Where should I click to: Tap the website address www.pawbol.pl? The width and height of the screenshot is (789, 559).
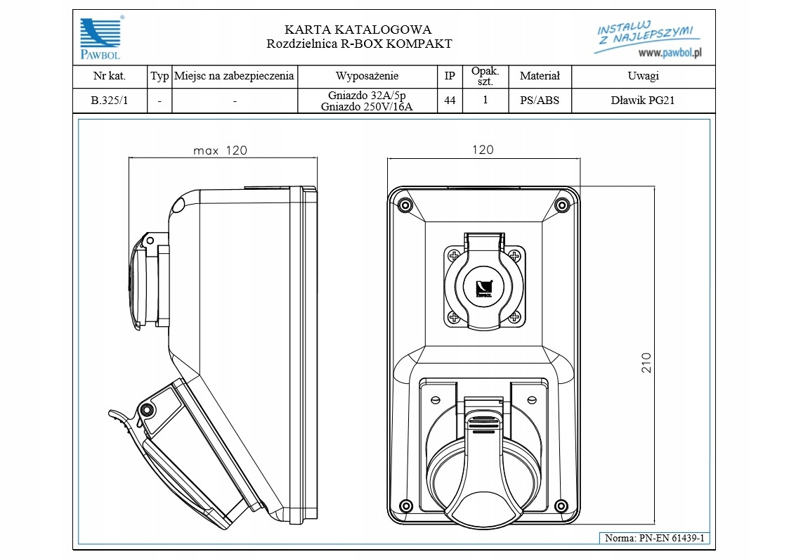pyautogui.click(x=672, y=53)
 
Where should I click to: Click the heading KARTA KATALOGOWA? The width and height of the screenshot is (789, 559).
pyautogui.click(x=358, y=30)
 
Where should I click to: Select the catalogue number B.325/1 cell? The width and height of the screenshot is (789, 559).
pyautogui.click(x=110, y=101)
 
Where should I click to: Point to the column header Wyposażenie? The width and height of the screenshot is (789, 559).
pyautogui.click(x=367, y=77)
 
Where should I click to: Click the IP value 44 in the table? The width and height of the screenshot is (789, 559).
pyautogui.click(x=450, y=101)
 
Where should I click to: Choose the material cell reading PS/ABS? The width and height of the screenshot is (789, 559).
pyautogui.click(x=540, y=101)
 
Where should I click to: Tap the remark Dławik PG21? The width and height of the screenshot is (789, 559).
pyautogui.click(x=643, y=101)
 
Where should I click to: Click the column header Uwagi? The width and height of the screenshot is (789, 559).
pyautogui.click(x=643, y=77)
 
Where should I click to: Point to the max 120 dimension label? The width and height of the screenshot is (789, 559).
pyautogui.click(x=221, y=150)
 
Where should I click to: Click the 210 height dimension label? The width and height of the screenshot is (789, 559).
pyautogui.click(x=647, y=362)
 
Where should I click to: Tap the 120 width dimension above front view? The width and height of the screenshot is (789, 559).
pyautogui.click(x=483, y=150)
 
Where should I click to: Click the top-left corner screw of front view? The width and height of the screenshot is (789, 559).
pyautogui.click(x=405, y=205)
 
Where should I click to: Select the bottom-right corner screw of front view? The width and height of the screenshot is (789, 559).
pyautogui.click(x=561, y=507)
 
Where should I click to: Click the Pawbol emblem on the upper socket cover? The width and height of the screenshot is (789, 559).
pyautogui.click(x=483, y=288)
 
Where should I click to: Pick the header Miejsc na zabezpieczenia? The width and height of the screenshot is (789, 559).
pyautogui.click(x=234, y=77)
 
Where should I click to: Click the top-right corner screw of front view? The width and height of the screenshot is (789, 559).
pyautogui.click(x=561, y=205)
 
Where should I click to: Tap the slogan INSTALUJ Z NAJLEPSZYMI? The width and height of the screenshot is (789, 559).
pyautogui.click(x=644, y=34)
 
